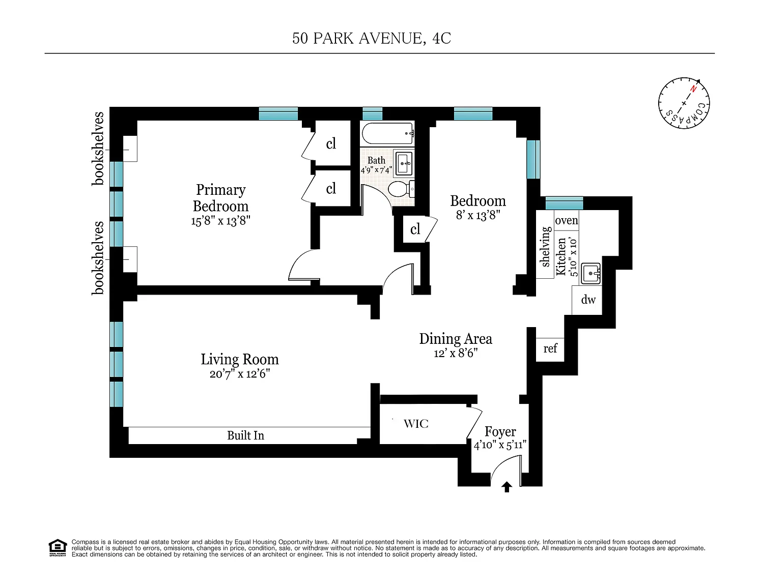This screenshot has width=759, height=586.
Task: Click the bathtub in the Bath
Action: pos(387,133)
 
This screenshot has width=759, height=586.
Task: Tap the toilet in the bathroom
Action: pos(401,190)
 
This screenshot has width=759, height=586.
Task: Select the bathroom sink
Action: pos(404,163)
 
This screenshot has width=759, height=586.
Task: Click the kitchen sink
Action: pos(591,273)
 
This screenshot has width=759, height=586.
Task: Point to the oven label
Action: pos(566,220)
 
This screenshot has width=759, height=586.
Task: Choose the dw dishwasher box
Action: pos(587,300)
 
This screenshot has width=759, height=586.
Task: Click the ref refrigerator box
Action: pos(550,349)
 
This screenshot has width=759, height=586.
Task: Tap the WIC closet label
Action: pos(416,423)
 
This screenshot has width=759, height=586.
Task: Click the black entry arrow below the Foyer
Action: pos(507,487)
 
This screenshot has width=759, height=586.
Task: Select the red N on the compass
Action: pos(693,89)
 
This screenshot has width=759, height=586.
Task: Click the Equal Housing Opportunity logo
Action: pos(58,548)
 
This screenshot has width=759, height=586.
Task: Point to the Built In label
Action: pos(245,435)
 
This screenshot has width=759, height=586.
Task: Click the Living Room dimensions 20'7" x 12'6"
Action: pos(240,374)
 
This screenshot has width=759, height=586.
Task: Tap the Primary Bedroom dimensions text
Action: pos(220,221)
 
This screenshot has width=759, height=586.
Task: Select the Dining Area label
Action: pos(456,339)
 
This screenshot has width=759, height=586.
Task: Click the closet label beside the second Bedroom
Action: pos(415,229)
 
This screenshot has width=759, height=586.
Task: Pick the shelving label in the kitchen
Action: pos(545,247)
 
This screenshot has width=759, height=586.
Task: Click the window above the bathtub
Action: pos(372,114)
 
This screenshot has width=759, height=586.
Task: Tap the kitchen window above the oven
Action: pos(564,203)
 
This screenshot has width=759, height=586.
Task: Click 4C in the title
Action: pos(441,38)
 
